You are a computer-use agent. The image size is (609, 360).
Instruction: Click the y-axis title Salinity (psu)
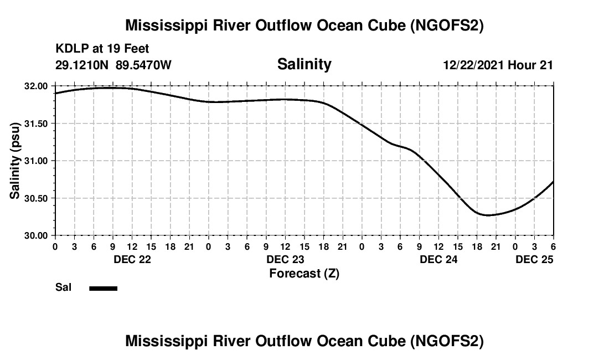[x=15, y=161]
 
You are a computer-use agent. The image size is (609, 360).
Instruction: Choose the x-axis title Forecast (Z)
[x=304, y=274]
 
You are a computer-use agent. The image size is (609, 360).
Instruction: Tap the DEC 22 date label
[x=132, y=259]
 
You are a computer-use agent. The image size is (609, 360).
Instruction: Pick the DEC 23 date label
[x=285, y=259]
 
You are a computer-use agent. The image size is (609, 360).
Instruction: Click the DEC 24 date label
[x=438, y=259]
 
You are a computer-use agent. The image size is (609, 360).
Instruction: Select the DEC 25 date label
[x=534, y=259]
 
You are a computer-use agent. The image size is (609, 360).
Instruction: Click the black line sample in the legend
[x=104, y=288]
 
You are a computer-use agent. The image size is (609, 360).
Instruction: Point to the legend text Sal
[x=63, y=288]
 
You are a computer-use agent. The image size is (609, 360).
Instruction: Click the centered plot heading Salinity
[x=304, y=64]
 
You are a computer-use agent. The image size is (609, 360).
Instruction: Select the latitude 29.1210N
[x=82, y=65]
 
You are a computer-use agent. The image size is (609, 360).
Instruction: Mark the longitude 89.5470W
[x=143, y=65]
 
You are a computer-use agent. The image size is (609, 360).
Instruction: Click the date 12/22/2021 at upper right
[x=474, y=65]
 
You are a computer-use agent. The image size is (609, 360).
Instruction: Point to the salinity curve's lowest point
[x=487, y=215]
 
